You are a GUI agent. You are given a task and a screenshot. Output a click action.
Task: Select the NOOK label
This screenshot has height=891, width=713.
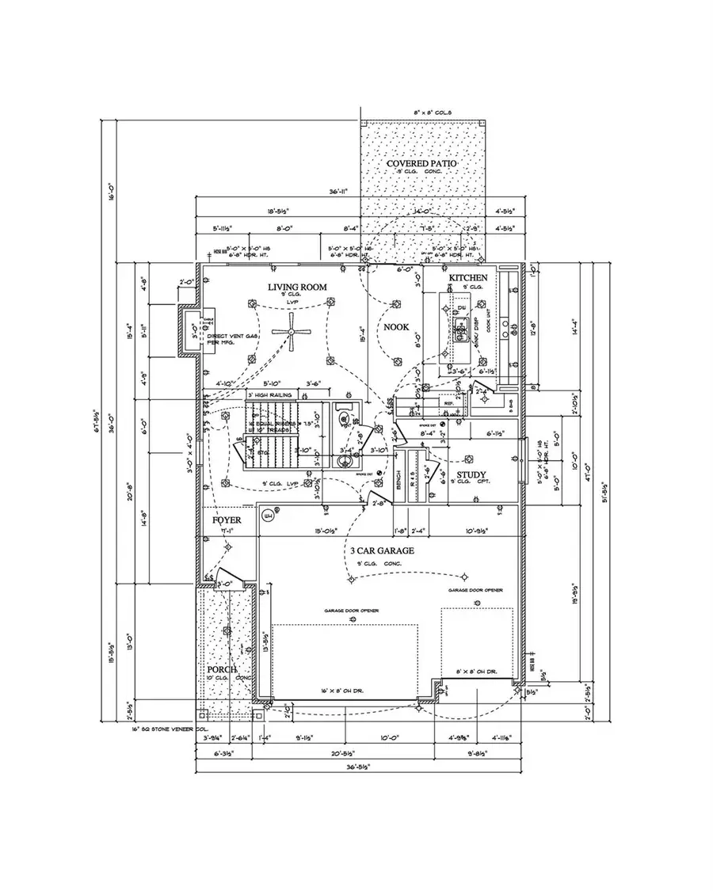(x=395, y=326)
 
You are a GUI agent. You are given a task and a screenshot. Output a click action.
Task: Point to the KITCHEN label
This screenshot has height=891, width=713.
(x=469, y=278)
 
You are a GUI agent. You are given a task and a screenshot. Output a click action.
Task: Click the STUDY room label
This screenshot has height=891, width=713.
(x=471, y=474)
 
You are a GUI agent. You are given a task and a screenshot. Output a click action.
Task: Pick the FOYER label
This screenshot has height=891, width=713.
(x=226, y=520)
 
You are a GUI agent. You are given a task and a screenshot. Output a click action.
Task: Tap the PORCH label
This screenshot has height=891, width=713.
(x=223, y=669)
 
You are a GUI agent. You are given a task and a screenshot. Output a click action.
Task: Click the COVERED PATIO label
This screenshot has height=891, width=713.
(x=422, y=163)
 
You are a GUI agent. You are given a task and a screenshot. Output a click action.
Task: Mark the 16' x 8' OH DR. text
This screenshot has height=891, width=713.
(x=345, y=689)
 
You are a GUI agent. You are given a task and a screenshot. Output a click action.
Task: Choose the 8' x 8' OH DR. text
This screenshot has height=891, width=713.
(x=476, y=672)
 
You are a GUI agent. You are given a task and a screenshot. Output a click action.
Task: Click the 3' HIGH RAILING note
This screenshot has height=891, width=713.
(x=270, y=394)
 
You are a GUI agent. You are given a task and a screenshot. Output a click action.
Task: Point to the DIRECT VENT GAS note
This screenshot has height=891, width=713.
(x=233, y=337)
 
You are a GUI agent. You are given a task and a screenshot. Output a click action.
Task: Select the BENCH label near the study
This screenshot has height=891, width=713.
(x=398, y=479)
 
